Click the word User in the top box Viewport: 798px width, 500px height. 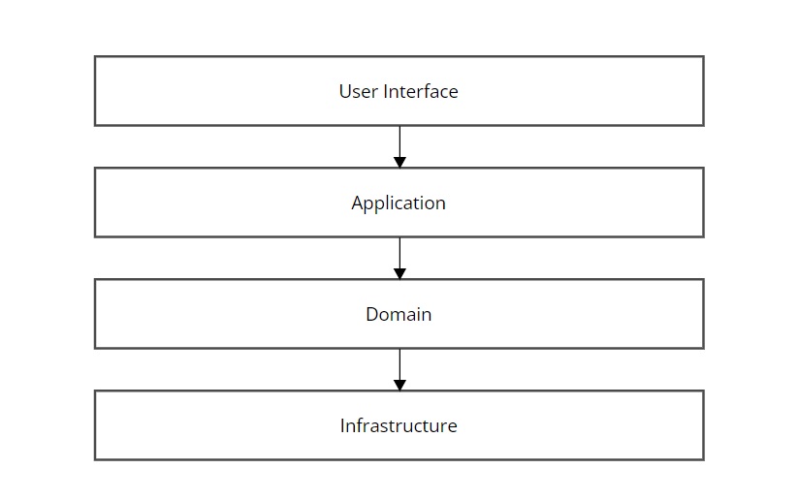359,91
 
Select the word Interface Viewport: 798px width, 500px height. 421,91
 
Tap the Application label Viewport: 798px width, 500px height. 399,203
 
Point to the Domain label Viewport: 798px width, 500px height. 399,314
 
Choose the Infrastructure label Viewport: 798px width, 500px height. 399,425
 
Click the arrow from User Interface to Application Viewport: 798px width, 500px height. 400,147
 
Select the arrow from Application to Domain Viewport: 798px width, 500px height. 400,259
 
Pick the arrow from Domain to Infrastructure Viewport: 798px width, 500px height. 400,370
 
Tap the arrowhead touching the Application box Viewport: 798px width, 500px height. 400,163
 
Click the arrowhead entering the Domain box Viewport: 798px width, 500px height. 400,274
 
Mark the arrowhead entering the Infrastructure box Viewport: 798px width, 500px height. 400,386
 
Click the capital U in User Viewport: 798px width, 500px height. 344,91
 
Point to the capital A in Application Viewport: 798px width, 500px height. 358,203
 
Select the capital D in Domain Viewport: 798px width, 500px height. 372,314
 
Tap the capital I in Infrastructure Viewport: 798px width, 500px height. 342,425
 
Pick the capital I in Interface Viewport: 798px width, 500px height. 386,91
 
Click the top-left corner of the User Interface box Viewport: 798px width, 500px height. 95,56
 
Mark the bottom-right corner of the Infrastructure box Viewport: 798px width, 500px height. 704,460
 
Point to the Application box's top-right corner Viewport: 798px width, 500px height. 704,168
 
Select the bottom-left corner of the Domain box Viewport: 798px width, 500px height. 95,349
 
